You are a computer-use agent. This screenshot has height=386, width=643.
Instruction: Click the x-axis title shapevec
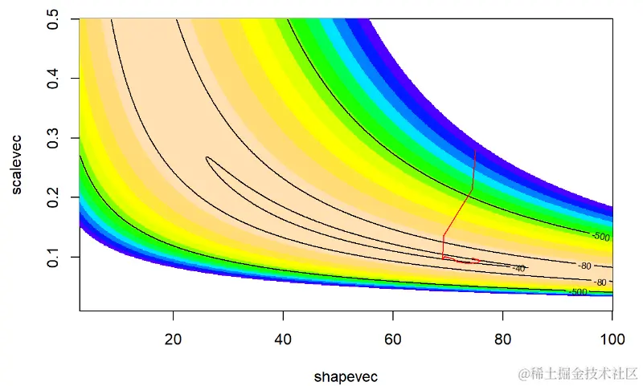coord(346,376)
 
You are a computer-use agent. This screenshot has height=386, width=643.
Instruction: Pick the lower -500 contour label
coord(577,292)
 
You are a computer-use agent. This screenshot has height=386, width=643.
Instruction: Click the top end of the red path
coord(475,149)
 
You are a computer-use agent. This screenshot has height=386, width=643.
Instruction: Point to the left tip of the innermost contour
coord(207,158)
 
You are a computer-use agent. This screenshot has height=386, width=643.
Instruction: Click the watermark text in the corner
coord(578,372)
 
